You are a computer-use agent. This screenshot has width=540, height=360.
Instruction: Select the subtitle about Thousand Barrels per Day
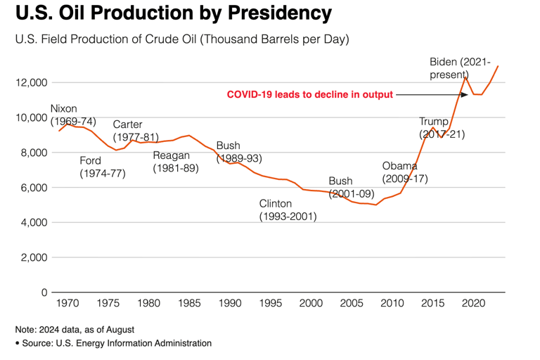182,40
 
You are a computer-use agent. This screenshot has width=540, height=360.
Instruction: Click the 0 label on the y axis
43,292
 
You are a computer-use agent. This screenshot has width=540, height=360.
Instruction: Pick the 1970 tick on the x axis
67,304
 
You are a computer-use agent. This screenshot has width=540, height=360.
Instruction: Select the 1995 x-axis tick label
269,304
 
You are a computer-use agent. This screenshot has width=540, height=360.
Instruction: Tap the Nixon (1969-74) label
73,115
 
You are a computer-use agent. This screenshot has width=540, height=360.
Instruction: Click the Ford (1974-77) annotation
102,167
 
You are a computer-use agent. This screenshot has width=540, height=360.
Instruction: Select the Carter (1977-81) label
135,131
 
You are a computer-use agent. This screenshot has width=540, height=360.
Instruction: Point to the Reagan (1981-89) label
176,162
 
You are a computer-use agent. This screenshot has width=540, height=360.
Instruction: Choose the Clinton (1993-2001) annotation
288,210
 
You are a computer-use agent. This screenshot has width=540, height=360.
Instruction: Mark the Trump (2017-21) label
442,127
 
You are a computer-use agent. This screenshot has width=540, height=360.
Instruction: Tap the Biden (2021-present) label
461,67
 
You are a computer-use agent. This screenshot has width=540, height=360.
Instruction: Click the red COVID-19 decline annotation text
309,95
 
